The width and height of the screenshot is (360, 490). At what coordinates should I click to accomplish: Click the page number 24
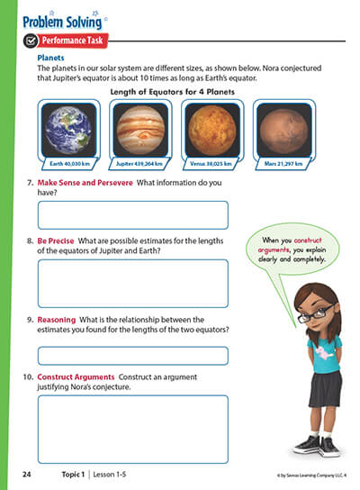(x=26, y=471)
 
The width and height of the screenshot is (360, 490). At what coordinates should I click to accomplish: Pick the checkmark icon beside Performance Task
(x=31, y=41)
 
